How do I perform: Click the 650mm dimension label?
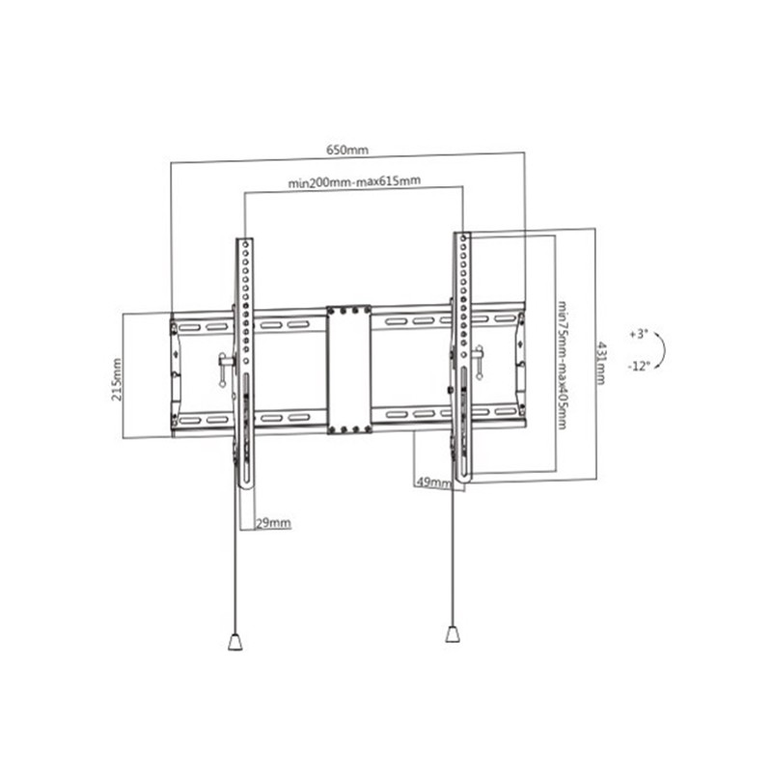(x=347, y=150)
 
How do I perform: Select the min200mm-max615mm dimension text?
(x=354, y=181)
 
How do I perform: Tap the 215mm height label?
(x=117, y=379)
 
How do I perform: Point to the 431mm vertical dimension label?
(x=601, y=364)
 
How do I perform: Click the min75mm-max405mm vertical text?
(x=563, y=365)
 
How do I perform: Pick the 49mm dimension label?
(x=433, y=482)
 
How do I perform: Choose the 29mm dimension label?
(x=273, y=522)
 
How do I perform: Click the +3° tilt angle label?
(x=639, y=334)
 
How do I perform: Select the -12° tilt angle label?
(x=639, y=366)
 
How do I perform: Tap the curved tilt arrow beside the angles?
(x=665, y=350)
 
